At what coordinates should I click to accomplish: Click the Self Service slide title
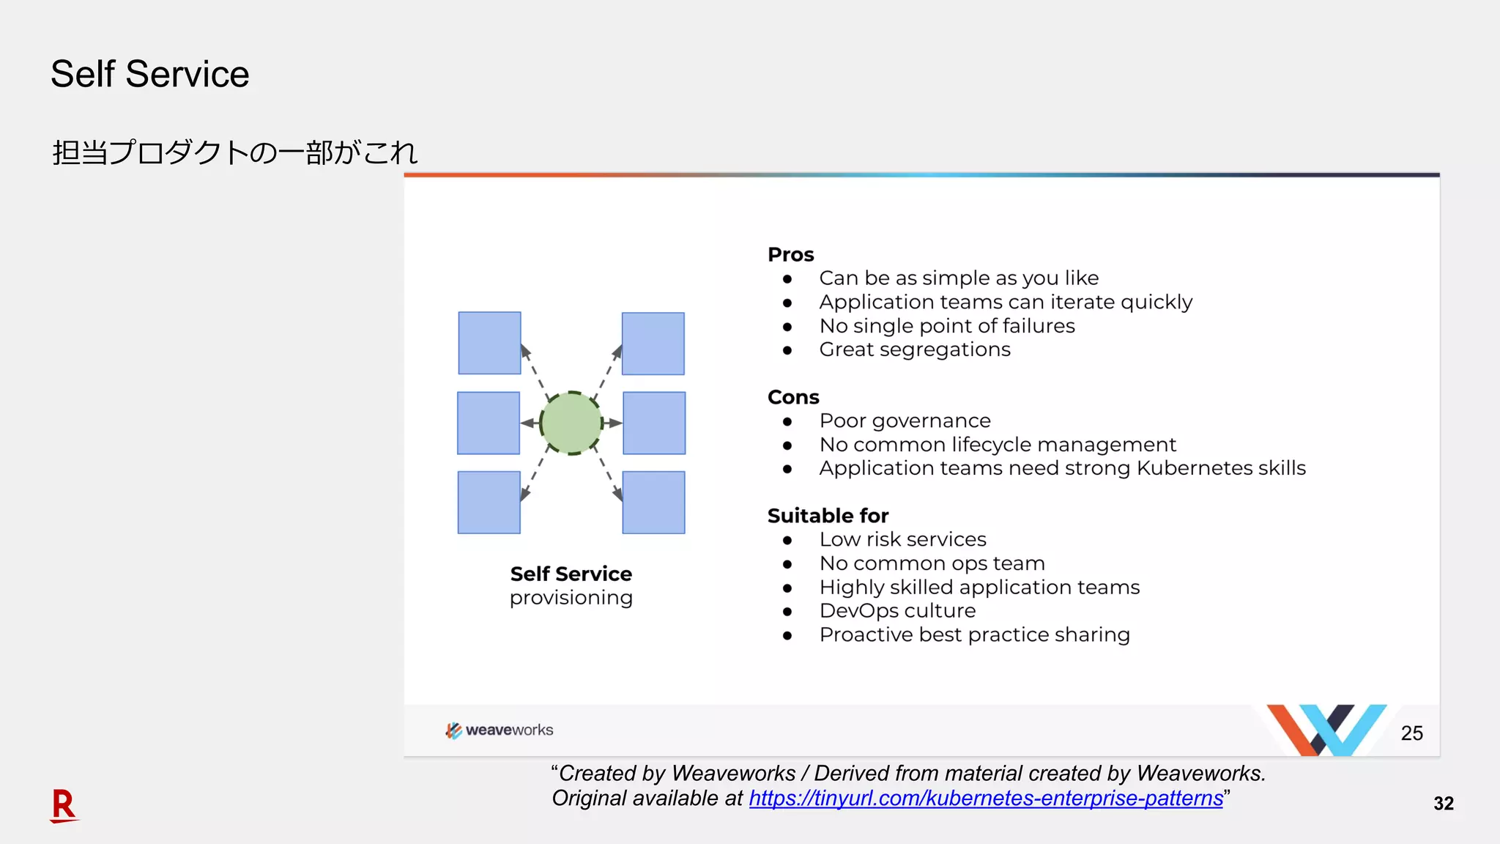[149, 74]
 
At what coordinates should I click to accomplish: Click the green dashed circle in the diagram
[571, 423]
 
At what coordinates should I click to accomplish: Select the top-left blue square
[489, 343]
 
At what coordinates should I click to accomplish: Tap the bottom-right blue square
[653, 503]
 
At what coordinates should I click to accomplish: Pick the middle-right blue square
[654, 423]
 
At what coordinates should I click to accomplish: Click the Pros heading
[790, 254]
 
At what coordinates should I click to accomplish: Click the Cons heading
[792, 397]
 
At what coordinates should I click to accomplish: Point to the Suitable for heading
[828, 516]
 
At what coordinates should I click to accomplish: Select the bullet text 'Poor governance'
[905, 421]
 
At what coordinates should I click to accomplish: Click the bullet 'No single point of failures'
[946, 326]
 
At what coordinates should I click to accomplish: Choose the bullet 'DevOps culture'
[897, 610]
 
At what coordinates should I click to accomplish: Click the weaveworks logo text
[509, 730]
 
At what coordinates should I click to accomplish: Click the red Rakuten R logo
[64, 805]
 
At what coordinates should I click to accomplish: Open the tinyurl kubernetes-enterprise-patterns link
[985, 798]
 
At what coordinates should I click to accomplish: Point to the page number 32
[1443, 804]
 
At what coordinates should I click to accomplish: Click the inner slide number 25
[1411, 733]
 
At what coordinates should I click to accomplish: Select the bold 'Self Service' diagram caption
[571, 574]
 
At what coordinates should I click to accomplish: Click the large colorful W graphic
[1326, 729]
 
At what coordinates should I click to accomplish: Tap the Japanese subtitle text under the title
[234, 152]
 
